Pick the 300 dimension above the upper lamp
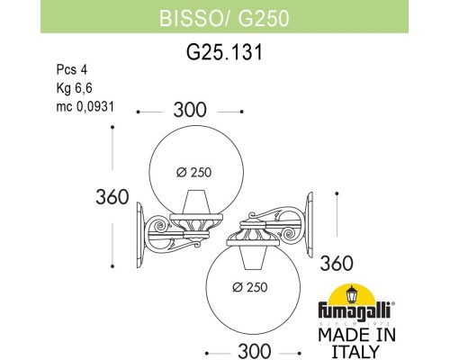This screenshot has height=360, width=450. coord(189,111)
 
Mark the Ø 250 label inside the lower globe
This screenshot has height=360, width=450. coord(250,288)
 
